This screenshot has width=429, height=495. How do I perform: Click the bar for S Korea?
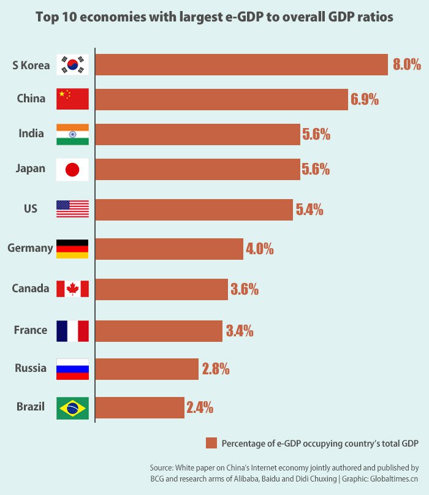[x=241, y=64]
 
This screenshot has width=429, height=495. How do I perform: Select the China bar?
[x=222, y=99]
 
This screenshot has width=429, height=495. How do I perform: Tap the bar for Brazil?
[x=140, y=407]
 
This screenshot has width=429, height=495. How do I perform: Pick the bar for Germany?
[x=170, y=249]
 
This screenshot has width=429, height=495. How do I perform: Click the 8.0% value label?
[x=407, y=64]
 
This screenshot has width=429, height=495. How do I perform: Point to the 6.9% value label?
[x=365, y=99]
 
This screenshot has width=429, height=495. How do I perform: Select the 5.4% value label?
[x=309, y=210]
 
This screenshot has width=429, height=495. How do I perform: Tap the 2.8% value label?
[x=216, y=369]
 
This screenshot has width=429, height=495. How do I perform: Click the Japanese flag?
[x=72, y=169]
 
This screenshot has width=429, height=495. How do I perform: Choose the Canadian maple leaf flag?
[x=72, y=289]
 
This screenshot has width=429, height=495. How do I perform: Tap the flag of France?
[x=72, y=331]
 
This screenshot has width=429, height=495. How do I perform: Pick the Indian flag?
[x=72, y=134]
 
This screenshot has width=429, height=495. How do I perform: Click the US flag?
[x=72, y=210]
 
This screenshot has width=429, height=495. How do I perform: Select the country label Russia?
[x=30, y=369]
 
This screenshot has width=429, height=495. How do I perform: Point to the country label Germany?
[x=30, y=249]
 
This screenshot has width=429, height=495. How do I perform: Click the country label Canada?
[x=31, y=289]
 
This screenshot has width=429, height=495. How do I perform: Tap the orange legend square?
[x=212, y=443]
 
